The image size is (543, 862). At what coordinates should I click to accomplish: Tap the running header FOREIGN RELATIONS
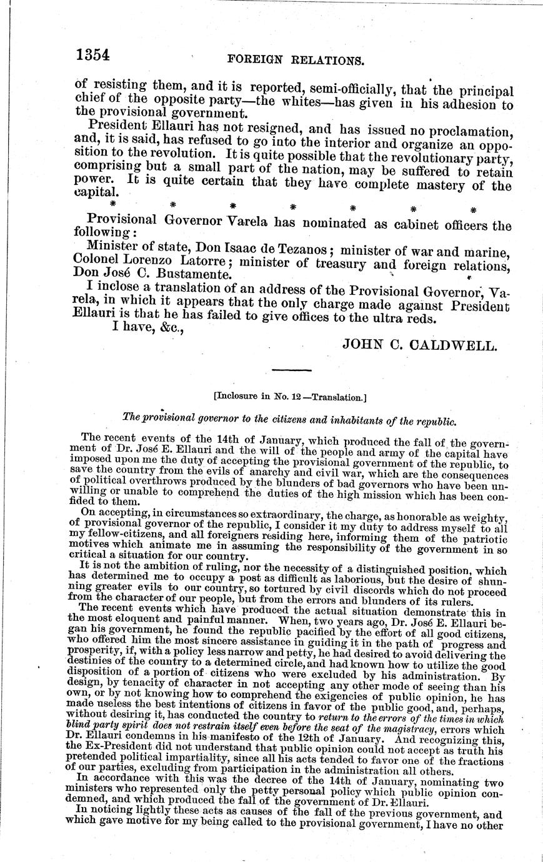[296, 60]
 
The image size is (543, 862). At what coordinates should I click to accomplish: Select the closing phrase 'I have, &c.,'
[147, 330]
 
